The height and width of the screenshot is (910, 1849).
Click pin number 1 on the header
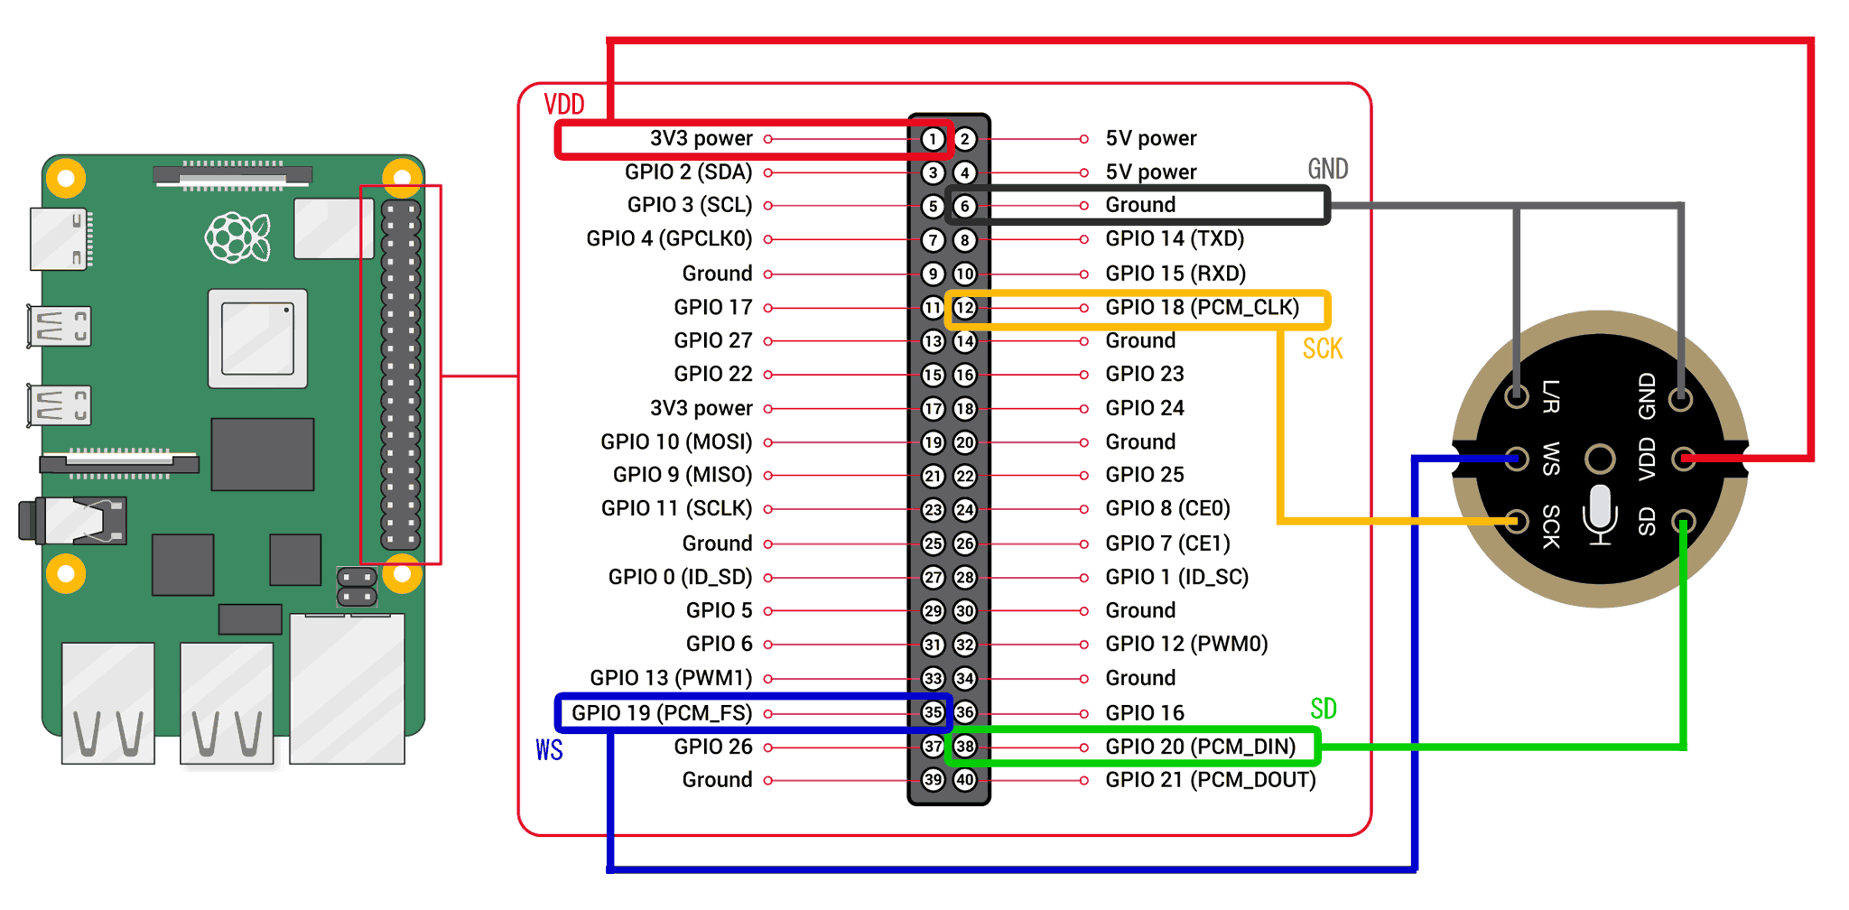coord(933,139)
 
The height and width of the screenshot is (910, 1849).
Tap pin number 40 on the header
coord(965,780)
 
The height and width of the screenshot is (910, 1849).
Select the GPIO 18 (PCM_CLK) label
coord(1202,308)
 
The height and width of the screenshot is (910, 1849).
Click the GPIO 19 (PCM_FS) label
coord(662,713)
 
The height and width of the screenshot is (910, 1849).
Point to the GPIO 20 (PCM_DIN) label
coord(1200,747)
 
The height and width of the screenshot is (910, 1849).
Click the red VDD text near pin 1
coord(564,105)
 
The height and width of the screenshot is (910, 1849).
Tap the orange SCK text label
coord(1323,349)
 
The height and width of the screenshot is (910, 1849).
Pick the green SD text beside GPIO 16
coord(1324,710)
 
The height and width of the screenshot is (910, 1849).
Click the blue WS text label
coord(549,751)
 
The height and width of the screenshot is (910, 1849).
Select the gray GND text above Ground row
coord(1327,170)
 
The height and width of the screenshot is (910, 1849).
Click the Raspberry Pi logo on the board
coord(237,237)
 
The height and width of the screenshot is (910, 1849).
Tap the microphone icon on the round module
coord(1600,515)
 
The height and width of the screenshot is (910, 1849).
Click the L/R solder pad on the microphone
coord(1517,395)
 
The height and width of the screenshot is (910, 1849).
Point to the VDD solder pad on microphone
coord(1683,459)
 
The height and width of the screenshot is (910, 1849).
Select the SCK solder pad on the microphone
coord(1517,521)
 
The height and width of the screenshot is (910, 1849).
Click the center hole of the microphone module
coord(1600,459)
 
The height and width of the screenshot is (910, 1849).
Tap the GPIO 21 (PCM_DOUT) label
coord(1210,780)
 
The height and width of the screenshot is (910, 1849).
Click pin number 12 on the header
coord(965,308)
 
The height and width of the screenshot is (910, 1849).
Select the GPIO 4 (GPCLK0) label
coord(669,239)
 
